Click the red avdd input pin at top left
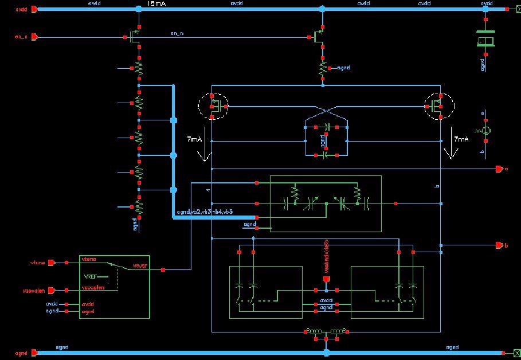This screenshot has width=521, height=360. point(34,10)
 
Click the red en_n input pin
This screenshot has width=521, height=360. point(34,37)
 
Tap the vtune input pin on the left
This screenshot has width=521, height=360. point(51,263)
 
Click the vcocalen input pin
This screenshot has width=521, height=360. point(51,289)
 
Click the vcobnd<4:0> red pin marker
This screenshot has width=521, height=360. point(326,280)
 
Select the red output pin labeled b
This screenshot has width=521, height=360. point(499,245)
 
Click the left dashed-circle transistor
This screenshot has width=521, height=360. point(213,105)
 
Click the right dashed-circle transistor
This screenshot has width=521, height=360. point(438,105)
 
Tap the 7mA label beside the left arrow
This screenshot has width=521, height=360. point(194,140)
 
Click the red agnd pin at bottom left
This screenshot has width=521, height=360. point(34,353)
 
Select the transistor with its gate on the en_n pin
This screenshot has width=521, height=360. point(135,38)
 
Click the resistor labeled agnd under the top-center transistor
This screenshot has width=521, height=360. point(322,68)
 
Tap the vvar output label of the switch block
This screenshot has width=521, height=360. point(140,265)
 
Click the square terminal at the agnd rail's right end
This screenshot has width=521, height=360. point(503,353)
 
